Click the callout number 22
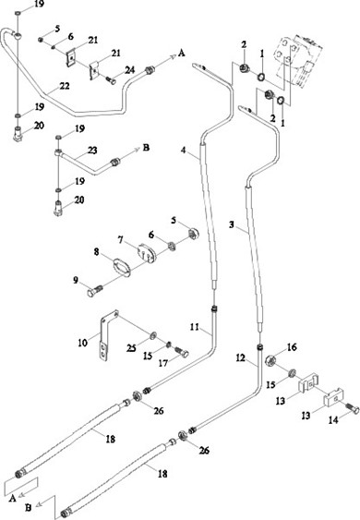(x=65, y=86)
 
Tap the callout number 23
(x=92, y=151)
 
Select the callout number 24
(x=130, y=70)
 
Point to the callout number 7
(x=120, y=239)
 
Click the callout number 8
(x=96, y=252)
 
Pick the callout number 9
(x=76, y=280)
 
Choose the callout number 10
(x=82, y=343)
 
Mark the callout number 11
(x=194, y=327)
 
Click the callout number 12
(x=240, y=358)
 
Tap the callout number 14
(x=333, y=420)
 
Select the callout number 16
(x=292, y=347)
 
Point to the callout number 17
(x=163, y=363)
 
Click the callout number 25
(x=131, y=348)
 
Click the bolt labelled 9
(x=95, y=290)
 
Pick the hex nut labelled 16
(x=271, y=359)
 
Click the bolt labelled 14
(x=352, y=408)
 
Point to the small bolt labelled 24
(x=111, y=80)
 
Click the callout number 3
(x=232, y=224)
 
